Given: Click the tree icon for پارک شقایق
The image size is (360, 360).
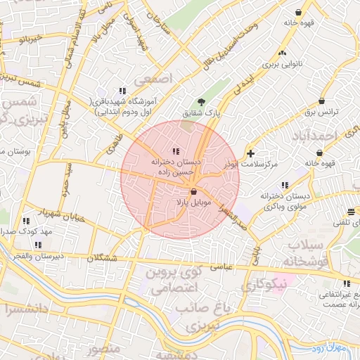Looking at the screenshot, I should click(x=202, y=102).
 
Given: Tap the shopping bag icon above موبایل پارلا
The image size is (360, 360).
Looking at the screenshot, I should click(x=193, y=191).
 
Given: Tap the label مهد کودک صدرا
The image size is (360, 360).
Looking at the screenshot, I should click(x=27, y=231).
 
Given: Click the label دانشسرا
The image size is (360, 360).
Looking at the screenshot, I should click(x=23, y=308).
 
